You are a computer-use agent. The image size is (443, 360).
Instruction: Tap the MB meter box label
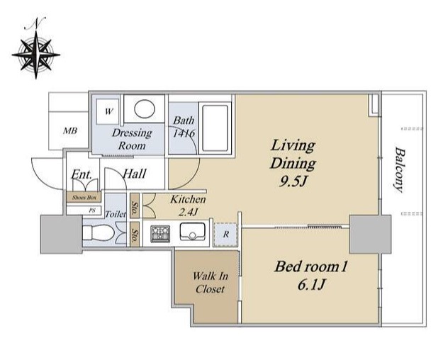(x=70, y=131)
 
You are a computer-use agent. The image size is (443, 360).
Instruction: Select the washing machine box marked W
(x=107, y=112)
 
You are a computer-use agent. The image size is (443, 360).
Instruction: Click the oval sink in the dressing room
(x=145, y=109)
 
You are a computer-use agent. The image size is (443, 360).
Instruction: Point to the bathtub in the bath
(x=215, y=129)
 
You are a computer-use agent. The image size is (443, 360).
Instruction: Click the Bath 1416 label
(x=184, y=126)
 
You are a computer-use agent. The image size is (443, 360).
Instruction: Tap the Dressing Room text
(x=132, y=139)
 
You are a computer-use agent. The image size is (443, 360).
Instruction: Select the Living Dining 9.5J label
(x=293, y=163)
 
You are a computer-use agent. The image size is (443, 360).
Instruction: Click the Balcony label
(x=399, y=169)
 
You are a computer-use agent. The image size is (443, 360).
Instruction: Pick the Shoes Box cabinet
(x=84, y=197)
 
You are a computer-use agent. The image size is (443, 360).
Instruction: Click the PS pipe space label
(x=92, y=210)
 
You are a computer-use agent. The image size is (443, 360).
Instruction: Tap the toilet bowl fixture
(x=99, y=233)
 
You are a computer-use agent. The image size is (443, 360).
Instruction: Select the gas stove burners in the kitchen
(x=160, y=234)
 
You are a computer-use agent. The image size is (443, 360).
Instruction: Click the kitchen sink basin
(x=193, y=232)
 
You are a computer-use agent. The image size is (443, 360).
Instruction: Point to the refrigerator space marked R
(x=225, y=235)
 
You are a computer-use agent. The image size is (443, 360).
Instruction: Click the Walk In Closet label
(x=211, y=283)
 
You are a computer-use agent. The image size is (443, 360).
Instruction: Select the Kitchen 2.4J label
(x=188, y=206)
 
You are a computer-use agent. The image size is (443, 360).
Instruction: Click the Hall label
(x=135, y=174)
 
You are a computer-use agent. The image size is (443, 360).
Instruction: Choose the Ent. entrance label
(x=82, y=174)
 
